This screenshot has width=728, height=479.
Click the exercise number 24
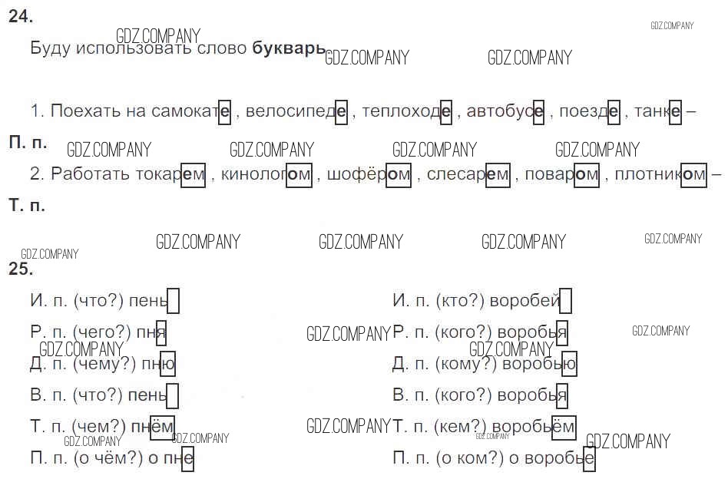pyautogui.click(x=21, y=16)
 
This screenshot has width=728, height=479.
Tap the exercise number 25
pyautogui.click(x=21, y=269)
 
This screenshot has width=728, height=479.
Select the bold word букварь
pyautogui.click(x=289, y=48)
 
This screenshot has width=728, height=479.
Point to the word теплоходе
pyautogui.click(x=406, y=111)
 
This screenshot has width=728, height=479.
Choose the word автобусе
pyautogui.click(x=505, y=111)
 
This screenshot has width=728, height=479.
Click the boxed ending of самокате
pyautogui.click(x=225, y=112)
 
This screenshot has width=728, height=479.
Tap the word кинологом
pyautogui.click(x=266, y=175)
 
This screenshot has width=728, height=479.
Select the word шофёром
pyautogui.click(x=369, y=175)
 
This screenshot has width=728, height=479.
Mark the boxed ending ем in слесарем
pyautogui.click(x=498, y=175)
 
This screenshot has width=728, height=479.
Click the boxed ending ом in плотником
pyautogui.click(x=693, y=175)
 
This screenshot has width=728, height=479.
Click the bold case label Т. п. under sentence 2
pyautogui.click(x=27, y=205)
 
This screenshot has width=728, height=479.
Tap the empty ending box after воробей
pyautogui.click(x=565, y=301)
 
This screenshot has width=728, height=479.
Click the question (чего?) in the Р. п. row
pyautogui.click(x=102, y=332)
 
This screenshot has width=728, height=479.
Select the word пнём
pyautogui.click(x=153, y=427)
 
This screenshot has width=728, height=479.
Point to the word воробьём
pyautogui.click(x=534, y=427)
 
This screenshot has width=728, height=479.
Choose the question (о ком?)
pyautogui.click(x=469, y=458)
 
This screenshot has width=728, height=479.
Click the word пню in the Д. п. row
pyautogui.click(x=158, y=364)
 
